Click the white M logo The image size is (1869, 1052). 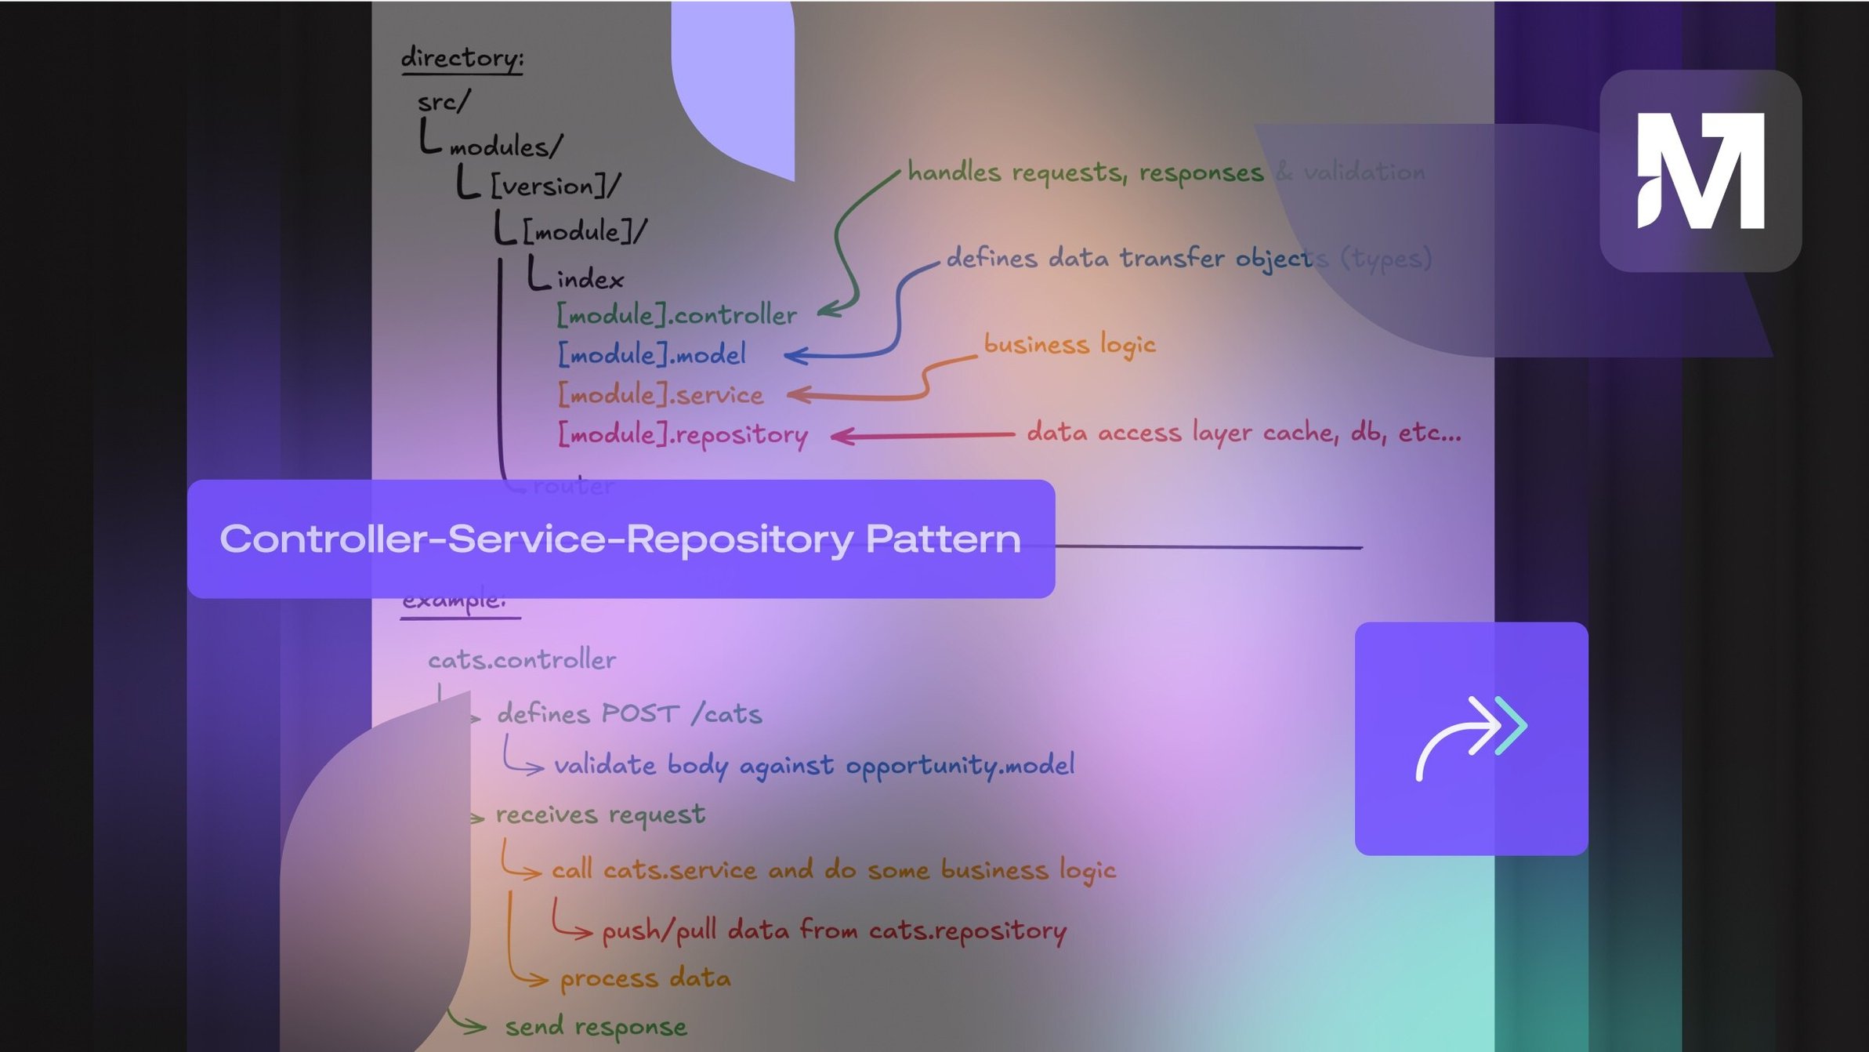click(x=1701, y=170)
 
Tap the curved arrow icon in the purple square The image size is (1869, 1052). click(x=1471, y=738)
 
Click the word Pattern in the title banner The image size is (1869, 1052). click(x=943, y=539)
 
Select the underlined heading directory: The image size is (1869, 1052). click(x=462, y=59)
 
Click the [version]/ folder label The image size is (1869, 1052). click(x=555, y=187)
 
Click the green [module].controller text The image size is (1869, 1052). click(x=676, y=315)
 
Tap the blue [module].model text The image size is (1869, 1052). click(x=651, y=354)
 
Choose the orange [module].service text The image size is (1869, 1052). click(x=660, y=394)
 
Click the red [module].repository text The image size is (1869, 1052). click(x=682, y=434)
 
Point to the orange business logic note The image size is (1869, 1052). click(x=1069, y=345)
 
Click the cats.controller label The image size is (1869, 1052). click(x=522, y=660)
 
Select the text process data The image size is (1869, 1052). click(x=645, y=978)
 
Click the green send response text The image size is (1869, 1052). click(x=596, y=1027)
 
